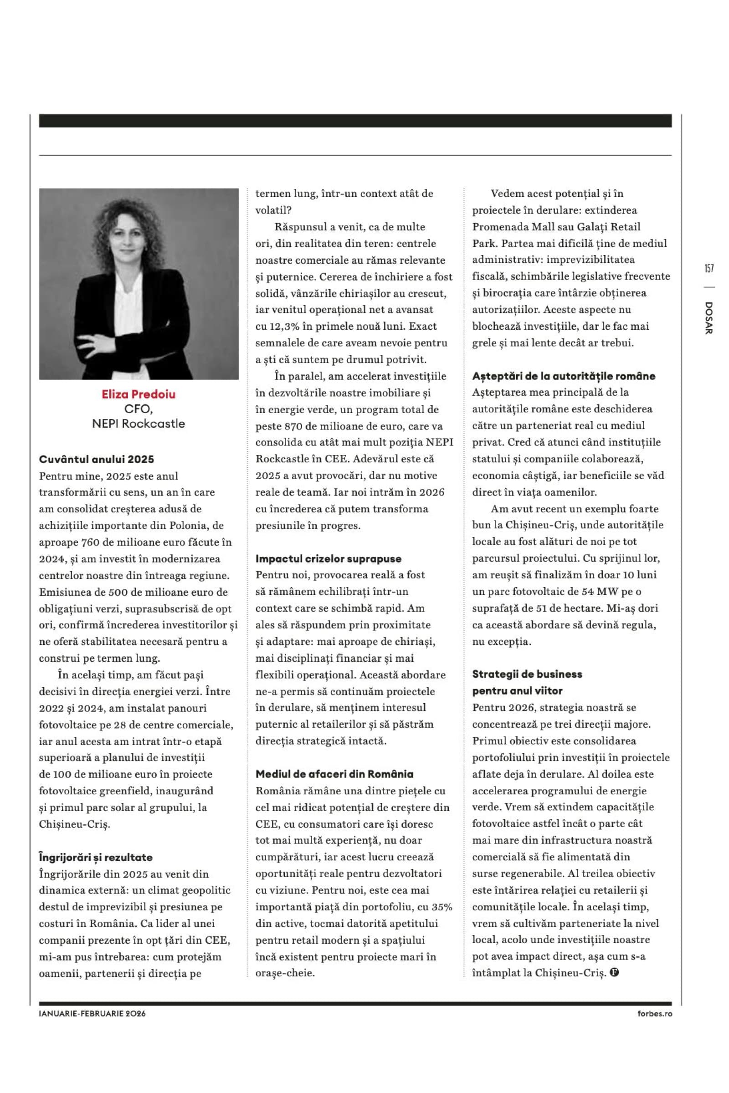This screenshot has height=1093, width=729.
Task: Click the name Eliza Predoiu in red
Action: [139, 394]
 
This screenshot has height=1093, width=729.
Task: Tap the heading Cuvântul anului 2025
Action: [96, 459]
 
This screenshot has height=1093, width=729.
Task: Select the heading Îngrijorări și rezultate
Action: [95, 857]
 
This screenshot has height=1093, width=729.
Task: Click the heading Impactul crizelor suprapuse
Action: [328, 559]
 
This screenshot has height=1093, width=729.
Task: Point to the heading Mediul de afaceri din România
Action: [334, 774]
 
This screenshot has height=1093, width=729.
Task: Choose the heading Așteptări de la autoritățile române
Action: [564, 376]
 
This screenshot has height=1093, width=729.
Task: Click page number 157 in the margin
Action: [709, 268]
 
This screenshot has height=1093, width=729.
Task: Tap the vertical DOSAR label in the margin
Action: [708, 318]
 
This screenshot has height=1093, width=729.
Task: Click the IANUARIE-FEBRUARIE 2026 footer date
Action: [92, 1027]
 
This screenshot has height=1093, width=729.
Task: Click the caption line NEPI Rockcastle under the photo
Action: [139, 424]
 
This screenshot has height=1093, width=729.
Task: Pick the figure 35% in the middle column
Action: [442, 907]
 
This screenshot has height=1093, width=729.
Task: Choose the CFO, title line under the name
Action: [139, 409]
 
